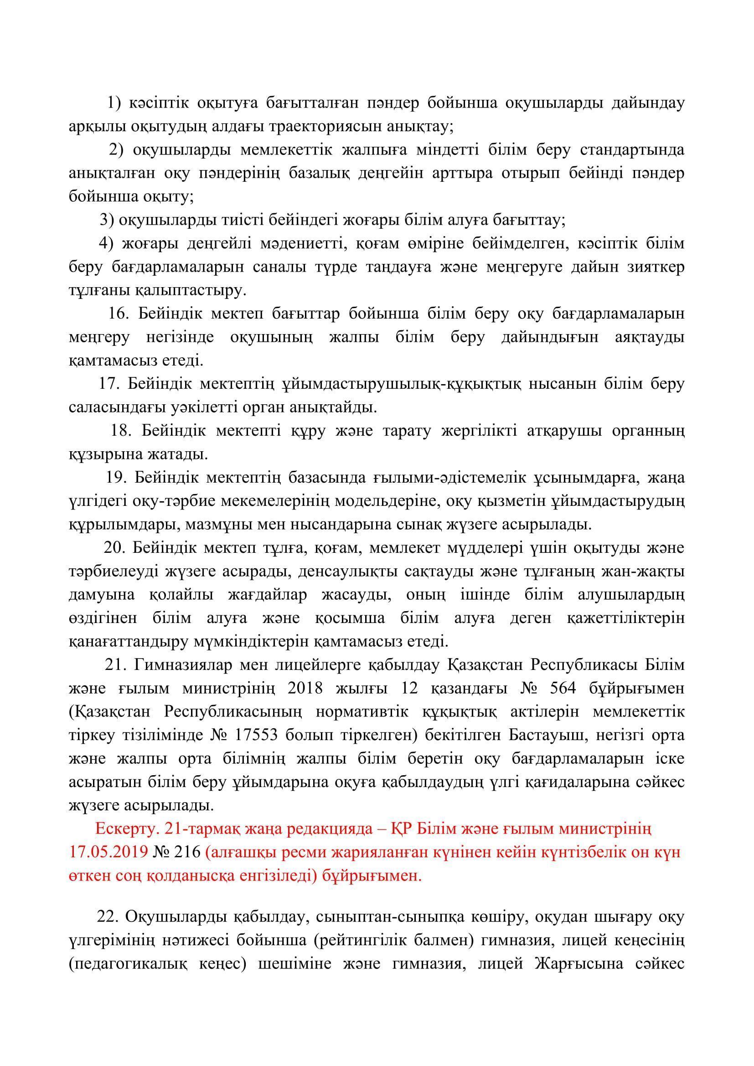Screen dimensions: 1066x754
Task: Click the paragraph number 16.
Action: point(119,314)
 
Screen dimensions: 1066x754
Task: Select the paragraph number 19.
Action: point(116,477)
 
